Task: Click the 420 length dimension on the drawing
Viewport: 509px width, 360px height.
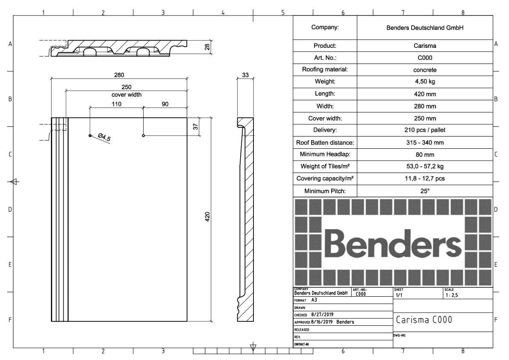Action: point(207,216)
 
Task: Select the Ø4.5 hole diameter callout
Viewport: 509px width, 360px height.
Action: point(104,138)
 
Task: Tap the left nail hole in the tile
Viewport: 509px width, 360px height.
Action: point(90,136)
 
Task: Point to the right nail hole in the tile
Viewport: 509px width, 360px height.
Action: point(144,136)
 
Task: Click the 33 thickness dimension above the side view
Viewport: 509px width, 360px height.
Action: point(245,75)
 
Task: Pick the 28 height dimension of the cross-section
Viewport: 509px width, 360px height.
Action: point(207,47)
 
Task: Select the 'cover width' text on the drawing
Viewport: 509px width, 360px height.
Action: point(127,95)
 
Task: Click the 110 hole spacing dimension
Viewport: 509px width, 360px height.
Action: point(117,104)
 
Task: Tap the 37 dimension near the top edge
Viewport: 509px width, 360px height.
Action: point(195,127)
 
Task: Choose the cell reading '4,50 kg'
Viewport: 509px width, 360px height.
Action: point(425,82)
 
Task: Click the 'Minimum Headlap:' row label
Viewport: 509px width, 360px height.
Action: point(325,154)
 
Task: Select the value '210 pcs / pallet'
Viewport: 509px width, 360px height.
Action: point(425,130)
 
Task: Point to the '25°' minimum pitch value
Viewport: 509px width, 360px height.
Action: point(425,191)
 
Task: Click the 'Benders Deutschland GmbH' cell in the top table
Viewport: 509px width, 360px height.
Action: point(425,28)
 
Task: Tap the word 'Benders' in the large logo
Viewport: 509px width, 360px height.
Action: point(392,243)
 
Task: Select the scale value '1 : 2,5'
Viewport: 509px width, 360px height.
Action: point(452,295)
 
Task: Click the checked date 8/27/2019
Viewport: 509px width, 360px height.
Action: point(322,315)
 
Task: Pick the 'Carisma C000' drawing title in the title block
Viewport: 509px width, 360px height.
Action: point(424,320)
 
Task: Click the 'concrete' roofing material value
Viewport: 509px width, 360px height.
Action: point(425,70)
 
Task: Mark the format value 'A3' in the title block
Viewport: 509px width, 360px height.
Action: point(314,300)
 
